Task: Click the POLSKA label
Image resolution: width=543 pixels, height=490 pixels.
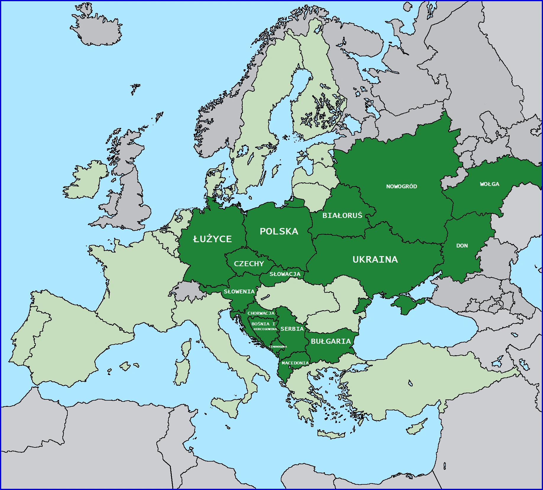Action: coord(279,231)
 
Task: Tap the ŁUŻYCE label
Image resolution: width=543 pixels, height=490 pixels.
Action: coord(212,239)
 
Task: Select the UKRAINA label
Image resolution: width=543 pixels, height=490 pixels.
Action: coord(375,259)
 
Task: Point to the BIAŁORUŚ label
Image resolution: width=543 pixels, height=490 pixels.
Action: coord(342,216)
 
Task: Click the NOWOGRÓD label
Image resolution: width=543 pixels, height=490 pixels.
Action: coord(401,186)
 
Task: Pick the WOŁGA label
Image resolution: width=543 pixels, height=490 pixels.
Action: coord(489,184)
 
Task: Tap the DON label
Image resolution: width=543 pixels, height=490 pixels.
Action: coord(462,245)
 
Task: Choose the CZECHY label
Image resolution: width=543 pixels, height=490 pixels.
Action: coord(249,264)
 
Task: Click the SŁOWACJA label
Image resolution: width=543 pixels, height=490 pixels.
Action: coord(285,274)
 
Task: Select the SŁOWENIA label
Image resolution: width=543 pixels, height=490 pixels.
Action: coord(239,291)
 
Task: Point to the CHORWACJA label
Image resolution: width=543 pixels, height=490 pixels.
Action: coord(261,313)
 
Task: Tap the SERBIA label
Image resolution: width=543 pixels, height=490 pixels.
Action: coord(292,329)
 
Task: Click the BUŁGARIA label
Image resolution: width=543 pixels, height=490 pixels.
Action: coord(330,341)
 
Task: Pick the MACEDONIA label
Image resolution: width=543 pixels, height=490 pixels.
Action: coord(295,363)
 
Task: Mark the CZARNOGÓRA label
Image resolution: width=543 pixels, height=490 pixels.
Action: coord(278,346)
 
